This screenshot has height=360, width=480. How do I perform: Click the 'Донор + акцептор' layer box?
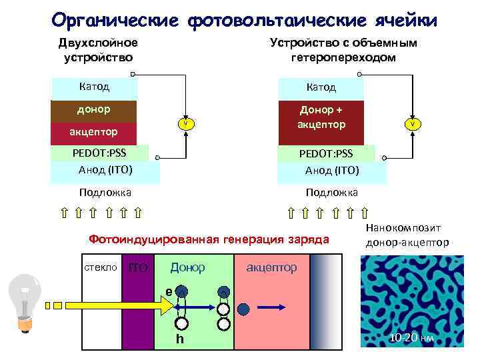pos(322,117)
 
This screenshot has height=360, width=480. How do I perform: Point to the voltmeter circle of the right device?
pos(413,124)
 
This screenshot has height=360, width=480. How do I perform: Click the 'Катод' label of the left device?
pos(94,87)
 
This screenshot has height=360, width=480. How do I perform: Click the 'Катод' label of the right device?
pos(321,87)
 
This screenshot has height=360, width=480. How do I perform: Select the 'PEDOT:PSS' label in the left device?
pos(99,153)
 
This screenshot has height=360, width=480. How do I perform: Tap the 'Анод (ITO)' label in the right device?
pos(332,170)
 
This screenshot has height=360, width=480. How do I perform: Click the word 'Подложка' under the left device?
pos(105,192)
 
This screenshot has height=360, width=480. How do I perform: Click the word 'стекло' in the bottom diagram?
pos(101,267)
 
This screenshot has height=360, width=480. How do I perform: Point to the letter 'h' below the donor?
pos(179,339)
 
